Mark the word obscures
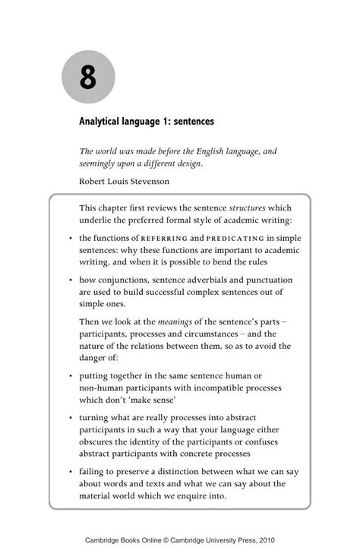click(99, 443)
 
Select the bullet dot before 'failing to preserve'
click(70, 471)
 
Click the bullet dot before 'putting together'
click(70, 375)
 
